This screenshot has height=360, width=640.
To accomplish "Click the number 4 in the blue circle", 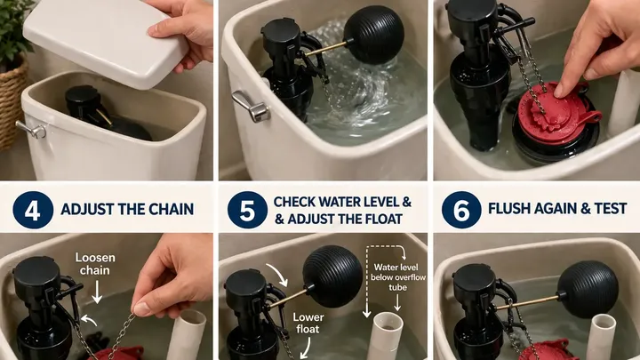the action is coord(33,210).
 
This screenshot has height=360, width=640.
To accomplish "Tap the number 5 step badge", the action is coord(247,210).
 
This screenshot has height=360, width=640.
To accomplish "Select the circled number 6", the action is coord(461,210).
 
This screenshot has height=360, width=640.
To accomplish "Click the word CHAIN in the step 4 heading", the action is coord(171,210).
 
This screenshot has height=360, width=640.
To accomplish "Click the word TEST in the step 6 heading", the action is coord(610,209).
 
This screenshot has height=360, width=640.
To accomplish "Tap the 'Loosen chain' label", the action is coord(95,264).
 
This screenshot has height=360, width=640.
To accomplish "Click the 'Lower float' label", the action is coord(309,323).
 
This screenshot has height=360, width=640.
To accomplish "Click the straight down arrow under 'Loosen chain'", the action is coord(97,292).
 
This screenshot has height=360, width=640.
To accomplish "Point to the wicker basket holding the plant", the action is coord(12,105).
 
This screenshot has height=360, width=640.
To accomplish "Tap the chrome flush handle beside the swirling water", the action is coord(250,106).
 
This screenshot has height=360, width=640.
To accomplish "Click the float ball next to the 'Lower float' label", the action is coord(332,276).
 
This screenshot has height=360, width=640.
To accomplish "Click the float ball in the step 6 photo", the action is coord(588,290).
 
